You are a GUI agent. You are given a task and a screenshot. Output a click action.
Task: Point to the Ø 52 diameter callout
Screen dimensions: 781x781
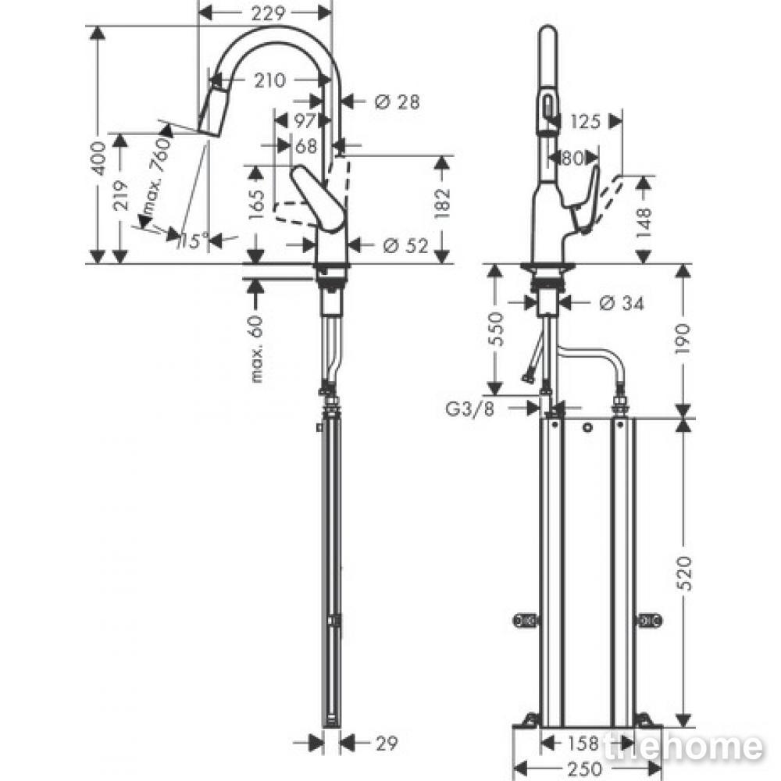tap(406, 245)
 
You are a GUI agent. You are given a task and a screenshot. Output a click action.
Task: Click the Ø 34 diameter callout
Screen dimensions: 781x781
tap(621, 302)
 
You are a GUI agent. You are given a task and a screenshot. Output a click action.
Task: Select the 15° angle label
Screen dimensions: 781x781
tap(191, 241)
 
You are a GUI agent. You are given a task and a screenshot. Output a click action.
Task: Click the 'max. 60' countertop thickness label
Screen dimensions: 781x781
tap(256, 349)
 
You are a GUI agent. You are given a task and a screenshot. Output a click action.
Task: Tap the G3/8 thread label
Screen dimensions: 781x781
tap(469, 409)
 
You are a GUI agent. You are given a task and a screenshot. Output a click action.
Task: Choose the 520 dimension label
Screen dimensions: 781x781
tap(686, 574)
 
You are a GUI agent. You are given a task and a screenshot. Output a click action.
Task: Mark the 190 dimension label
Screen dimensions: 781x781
tap(683, 339)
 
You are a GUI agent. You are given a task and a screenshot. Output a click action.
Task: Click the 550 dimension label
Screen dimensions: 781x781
tap(496, 329)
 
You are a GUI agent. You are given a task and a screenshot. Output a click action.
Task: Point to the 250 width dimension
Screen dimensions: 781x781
tap(585, 769)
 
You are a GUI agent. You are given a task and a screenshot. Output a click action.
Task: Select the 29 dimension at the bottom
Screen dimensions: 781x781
tap(387, 744)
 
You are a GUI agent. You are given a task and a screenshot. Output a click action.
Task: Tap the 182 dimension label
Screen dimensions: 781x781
tap(442, 203)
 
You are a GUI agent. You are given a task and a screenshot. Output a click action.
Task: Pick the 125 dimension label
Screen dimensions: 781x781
tap(585, 121)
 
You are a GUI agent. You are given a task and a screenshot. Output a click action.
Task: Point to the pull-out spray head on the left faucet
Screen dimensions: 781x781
tap(211, 112)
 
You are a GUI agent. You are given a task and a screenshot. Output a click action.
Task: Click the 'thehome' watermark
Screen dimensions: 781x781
tap(683, 747)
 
